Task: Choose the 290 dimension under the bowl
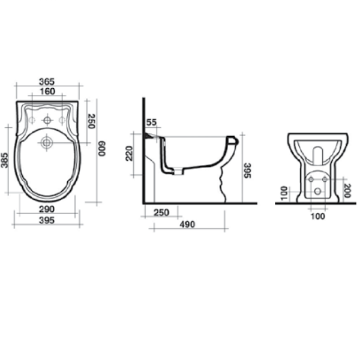tap(47, 209)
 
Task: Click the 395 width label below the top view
tap(47, 220)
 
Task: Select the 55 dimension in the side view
tap(151, 122)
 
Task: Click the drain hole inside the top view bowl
tap(46, 143)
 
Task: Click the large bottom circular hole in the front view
tap(317, 191)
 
